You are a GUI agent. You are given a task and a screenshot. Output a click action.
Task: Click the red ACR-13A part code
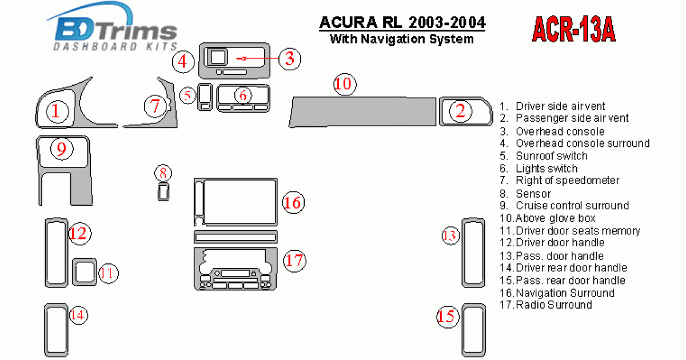pos(573,29)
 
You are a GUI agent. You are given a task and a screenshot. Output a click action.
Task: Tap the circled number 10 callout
pos(345,84)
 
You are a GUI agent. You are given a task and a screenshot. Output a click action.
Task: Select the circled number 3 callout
pos(290,58)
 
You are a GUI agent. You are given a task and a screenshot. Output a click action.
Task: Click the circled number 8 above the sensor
pos(163,173)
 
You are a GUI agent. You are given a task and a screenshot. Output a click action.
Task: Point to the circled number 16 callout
pos(292,202)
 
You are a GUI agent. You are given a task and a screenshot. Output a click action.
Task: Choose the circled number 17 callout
pos(294,261)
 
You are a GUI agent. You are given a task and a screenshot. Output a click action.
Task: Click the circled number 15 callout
pos(448,316)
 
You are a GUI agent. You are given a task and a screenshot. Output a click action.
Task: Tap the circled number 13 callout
pos(450,235)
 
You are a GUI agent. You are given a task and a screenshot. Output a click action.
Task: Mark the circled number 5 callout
pos(188,95)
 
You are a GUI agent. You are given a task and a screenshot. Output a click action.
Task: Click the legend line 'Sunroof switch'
pos(551,156)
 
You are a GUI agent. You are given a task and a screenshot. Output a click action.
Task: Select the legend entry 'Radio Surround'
pos(553,305)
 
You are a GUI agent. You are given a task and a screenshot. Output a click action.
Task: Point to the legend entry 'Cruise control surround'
pos(572,206)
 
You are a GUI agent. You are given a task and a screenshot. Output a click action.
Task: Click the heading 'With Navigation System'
pos(402,39)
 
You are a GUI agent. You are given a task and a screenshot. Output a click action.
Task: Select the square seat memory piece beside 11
pos(85,272)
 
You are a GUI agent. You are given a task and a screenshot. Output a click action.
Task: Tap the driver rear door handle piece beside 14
pos(55,330)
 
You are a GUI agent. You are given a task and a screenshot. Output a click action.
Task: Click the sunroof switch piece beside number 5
pos(205,96)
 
